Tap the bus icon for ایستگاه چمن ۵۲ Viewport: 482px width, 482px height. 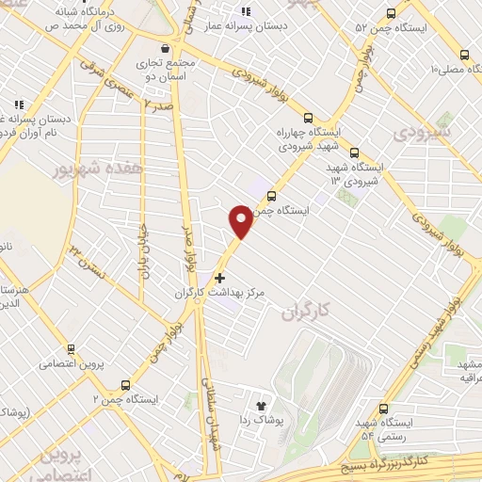click(392, 14)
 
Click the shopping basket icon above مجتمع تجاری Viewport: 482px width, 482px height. click(166, 47)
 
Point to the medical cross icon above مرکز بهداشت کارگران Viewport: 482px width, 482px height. click(220, 278)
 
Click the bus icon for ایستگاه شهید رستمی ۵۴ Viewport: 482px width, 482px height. click(383, 408)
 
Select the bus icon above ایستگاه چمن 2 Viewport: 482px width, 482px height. click(126, 384)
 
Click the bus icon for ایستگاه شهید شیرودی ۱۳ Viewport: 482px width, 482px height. click(354, 152)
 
